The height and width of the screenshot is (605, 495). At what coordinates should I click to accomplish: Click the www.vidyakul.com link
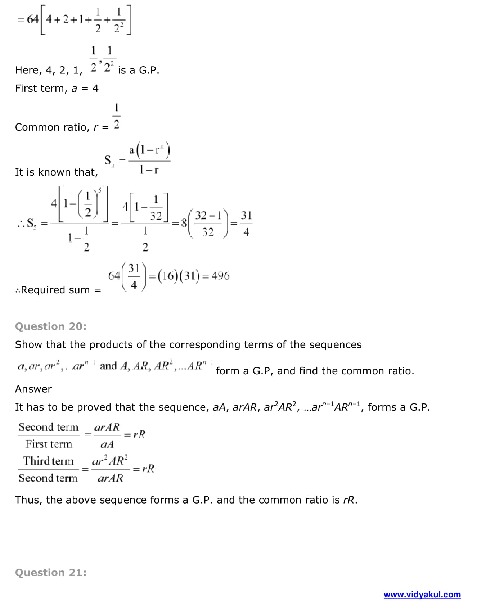pos(422,595)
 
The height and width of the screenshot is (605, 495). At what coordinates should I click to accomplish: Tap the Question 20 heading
pos(51,326)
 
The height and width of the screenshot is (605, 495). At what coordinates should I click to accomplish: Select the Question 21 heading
pos(51,573)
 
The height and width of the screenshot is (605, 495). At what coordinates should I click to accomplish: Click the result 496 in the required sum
pos(220,276)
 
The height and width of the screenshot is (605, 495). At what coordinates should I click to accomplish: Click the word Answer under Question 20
pos(33,389)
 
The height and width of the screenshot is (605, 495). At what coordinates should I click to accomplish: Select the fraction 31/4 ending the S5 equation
pos(246,224)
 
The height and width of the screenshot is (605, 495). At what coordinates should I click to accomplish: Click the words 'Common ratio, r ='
pos(62,127)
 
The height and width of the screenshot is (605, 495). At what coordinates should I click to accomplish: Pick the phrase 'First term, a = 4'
pos(57,89)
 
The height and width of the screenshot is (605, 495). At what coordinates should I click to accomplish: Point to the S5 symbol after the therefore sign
pos(31,224)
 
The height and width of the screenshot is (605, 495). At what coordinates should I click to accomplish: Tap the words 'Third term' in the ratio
pos(48,461)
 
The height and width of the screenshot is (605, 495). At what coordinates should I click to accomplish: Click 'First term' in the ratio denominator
pos(49,444)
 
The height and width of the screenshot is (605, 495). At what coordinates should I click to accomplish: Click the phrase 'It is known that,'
pos(56,172)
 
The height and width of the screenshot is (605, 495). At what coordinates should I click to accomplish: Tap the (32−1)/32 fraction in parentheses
pos(208,224)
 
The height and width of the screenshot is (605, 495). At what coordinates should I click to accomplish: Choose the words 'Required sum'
pos(55,290)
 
